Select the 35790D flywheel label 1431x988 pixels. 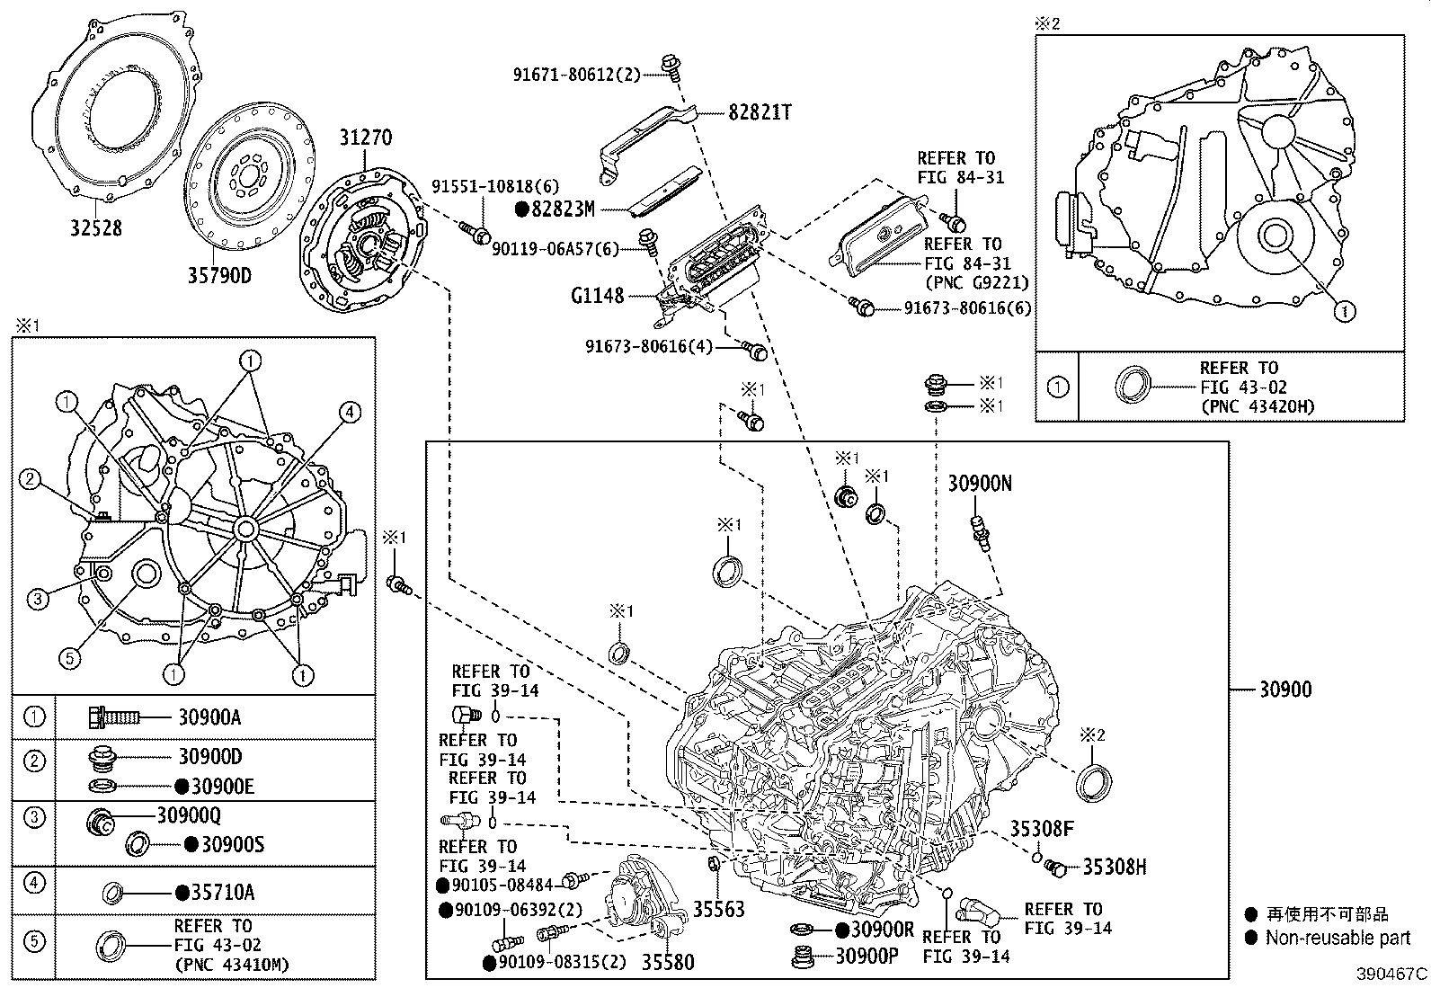pyautogui.click(x=218, y=274)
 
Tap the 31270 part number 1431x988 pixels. pyautogui.click(x=365, y=138)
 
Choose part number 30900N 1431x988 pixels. pyautogui.click(x=980, y=484)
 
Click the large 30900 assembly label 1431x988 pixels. pyautogui.click(x=1284, y=690)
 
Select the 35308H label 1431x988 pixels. pyautogui.click(x=1114, y=867)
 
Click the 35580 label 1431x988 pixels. pyautogui.click(x=667, y=962)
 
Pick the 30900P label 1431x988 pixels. pyautogui.click(x=867, y=957)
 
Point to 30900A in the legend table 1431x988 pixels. pyautogui.click(x=209, y=717)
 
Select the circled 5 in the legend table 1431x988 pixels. pyautogui.click(x=33, y=941)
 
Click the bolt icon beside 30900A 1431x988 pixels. pyautogui.click(x=113, y=717)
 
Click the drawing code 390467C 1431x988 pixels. pyautogui.click(x=1391, y=974)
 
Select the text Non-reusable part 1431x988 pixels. pyautogui.click(x=1338, y=939)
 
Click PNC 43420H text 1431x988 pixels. pyautogui.click(x=1257, y=406)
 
